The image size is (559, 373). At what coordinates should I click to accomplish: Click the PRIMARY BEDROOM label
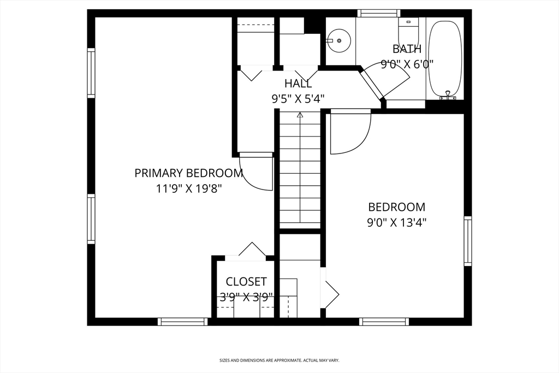pos(188,173)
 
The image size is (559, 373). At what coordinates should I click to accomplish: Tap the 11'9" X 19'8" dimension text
pos(189,188)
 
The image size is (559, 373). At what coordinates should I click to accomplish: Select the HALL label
pos(298,84)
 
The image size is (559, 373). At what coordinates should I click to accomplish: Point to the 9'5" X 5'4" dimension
pos(298,98)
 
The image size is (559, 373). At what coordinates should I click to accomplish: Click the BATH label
pos(407,49)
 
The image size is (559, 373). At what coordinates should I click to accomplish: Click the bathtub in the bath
pos(445,59)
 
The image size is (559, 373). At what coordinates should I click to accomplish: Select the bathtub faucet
pos(448,95)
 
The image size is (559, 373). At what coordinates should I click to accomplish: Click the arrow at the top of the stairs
pos(300,115)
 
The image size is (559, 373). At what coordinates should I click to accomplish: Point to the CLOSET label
pos(246,282)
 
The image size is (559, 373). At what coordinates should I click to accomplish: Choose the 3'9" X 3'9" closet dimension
pos(246,297)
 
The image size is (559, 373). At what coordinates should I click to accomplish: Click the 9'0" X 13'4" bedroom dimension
pos(397,222)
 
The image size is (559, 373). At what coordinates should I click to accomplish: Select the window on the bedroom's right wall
pos(468,241)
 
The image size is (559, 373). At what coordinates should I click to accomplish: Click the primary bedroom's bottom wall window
pos(182,322)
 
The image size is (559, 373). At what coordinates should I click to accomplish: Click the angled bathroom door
pos(371,82)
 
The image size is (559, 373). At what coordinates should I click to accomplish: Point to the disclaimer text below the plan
pos(279,360)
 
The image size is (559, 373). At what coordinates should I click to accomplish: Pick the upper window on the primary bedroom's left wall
pos(91,73)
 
